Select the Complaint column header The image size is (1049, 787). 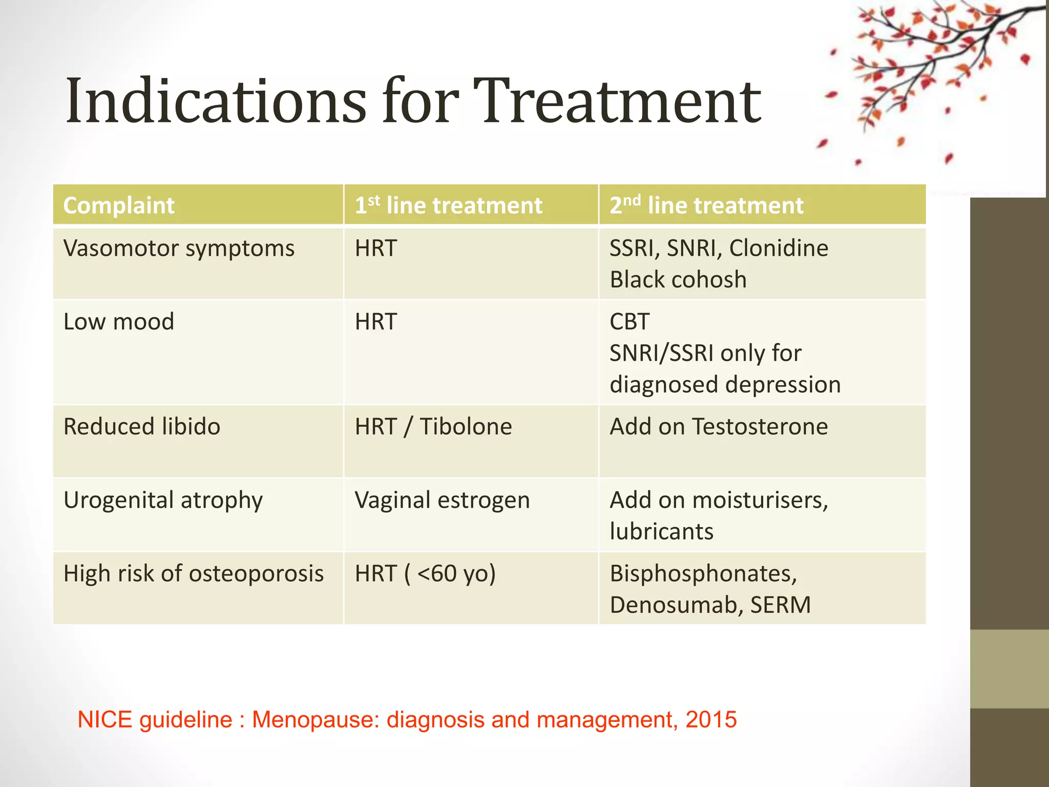(x=119, y=205)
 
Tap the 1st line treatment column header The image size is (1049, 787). (x=448, y=205)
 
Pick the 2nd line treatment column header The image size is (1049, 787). (x=706, y=205)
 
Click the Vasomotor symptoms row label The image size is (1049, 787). (x=179, y=248)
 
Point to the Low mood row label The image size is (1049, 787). (x=119, y=322)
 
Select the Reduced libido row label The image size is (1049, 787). (x=142, y=427)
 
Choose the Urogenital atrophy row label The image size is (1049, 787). (x=163, y=500)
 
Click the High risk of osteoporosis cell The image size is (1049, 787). (x=194, y=573)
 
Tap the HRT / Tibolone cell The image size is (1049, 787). (x=433, y=427)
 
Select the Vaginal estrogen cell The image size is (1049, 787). (x=442, y=500)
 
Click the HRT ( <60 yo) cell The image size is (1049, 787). (x=425, y=573)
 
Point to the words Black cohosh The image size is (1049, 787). (x=678, y=280)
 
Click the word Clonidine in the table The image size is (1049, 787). (x=779, y=248)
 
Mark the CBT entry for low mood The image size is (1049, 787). (x=630, y=322)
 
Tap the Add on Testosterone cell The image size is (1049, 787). (x=719, y=427)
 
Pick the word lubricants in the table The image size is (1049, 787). (x=661, y=532)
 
